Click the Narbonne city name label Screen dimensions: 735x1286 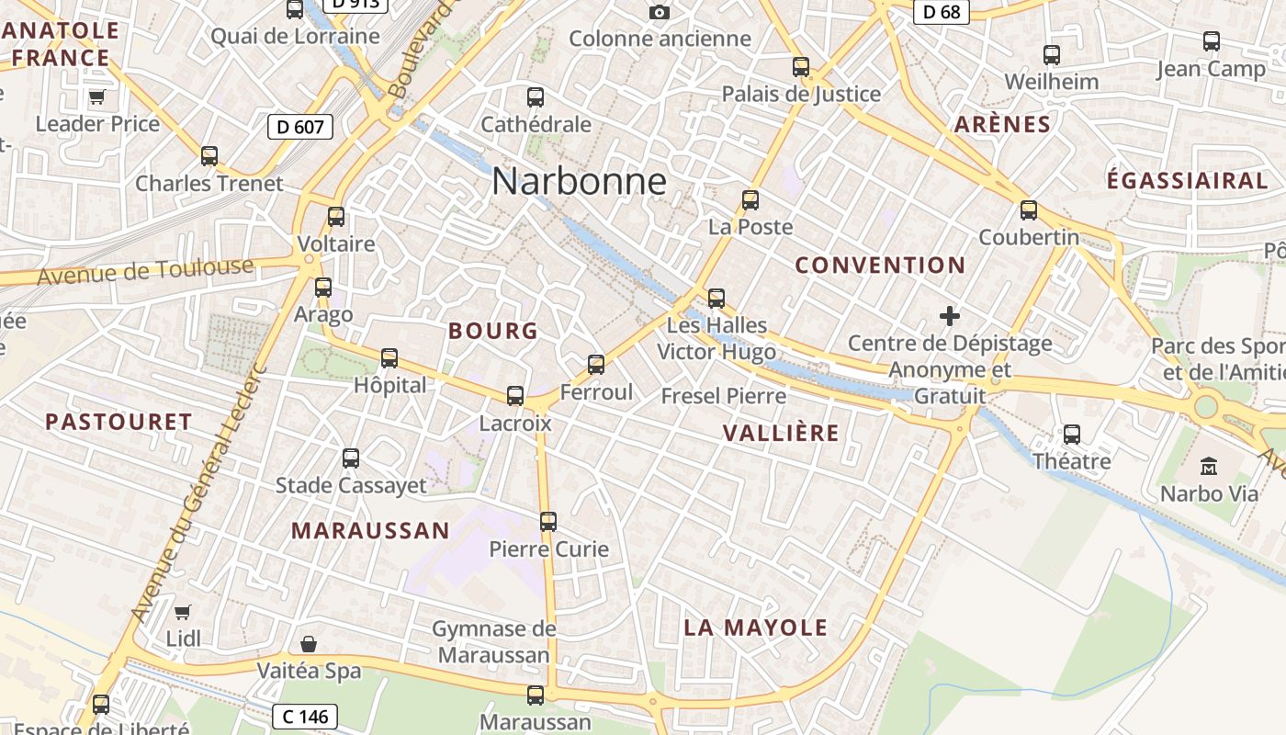click(x=579, y=181)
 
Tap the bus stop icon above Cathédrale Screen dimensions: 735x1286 click(x=536, y=96)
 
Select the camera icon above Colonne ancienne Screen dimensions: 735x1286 click(x=659, y=12)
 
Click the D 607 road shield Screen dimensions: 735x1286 click(x=300, y=127)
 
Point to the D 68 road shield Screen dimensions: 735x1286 click(x=942, y=12)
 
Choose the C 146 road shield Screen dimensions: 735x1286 click(x=305, y=716)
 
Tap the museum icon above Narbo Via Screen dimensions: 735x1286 click(x=1209, y=466)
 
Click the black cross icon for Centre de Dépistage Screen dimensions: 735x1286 click(x=950, y=317)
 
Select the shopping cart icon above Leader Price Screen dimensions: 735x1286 click(x=96, y=96)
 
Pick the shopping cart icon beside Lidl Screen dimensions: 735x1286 click(x=183, y=612)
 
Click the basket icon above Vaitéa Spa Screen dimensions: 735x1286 click(x=309, y=644)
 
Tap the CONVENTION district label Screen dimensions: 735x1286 click(x=880, y=266)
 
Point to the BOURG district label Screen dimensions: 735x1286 click(x=493, y=332)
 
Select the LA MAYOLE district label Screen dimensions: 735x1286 click(x=756, y=628)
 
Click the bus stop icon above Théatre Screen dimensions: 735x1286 click(x=1072, y=435)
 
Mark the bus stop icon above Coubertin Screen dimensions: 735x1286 click(x=1029, y=210)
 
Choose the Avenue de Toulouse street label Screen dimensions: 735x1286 click(x=145, y=271)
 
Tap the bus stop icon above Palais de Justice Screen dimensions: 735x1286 click(x=801, y=67)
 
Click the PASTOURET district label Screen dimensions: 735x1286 click(x=119, y=423)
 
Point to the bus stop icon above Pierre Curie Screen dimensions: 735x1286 click(x=548, y=522)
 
